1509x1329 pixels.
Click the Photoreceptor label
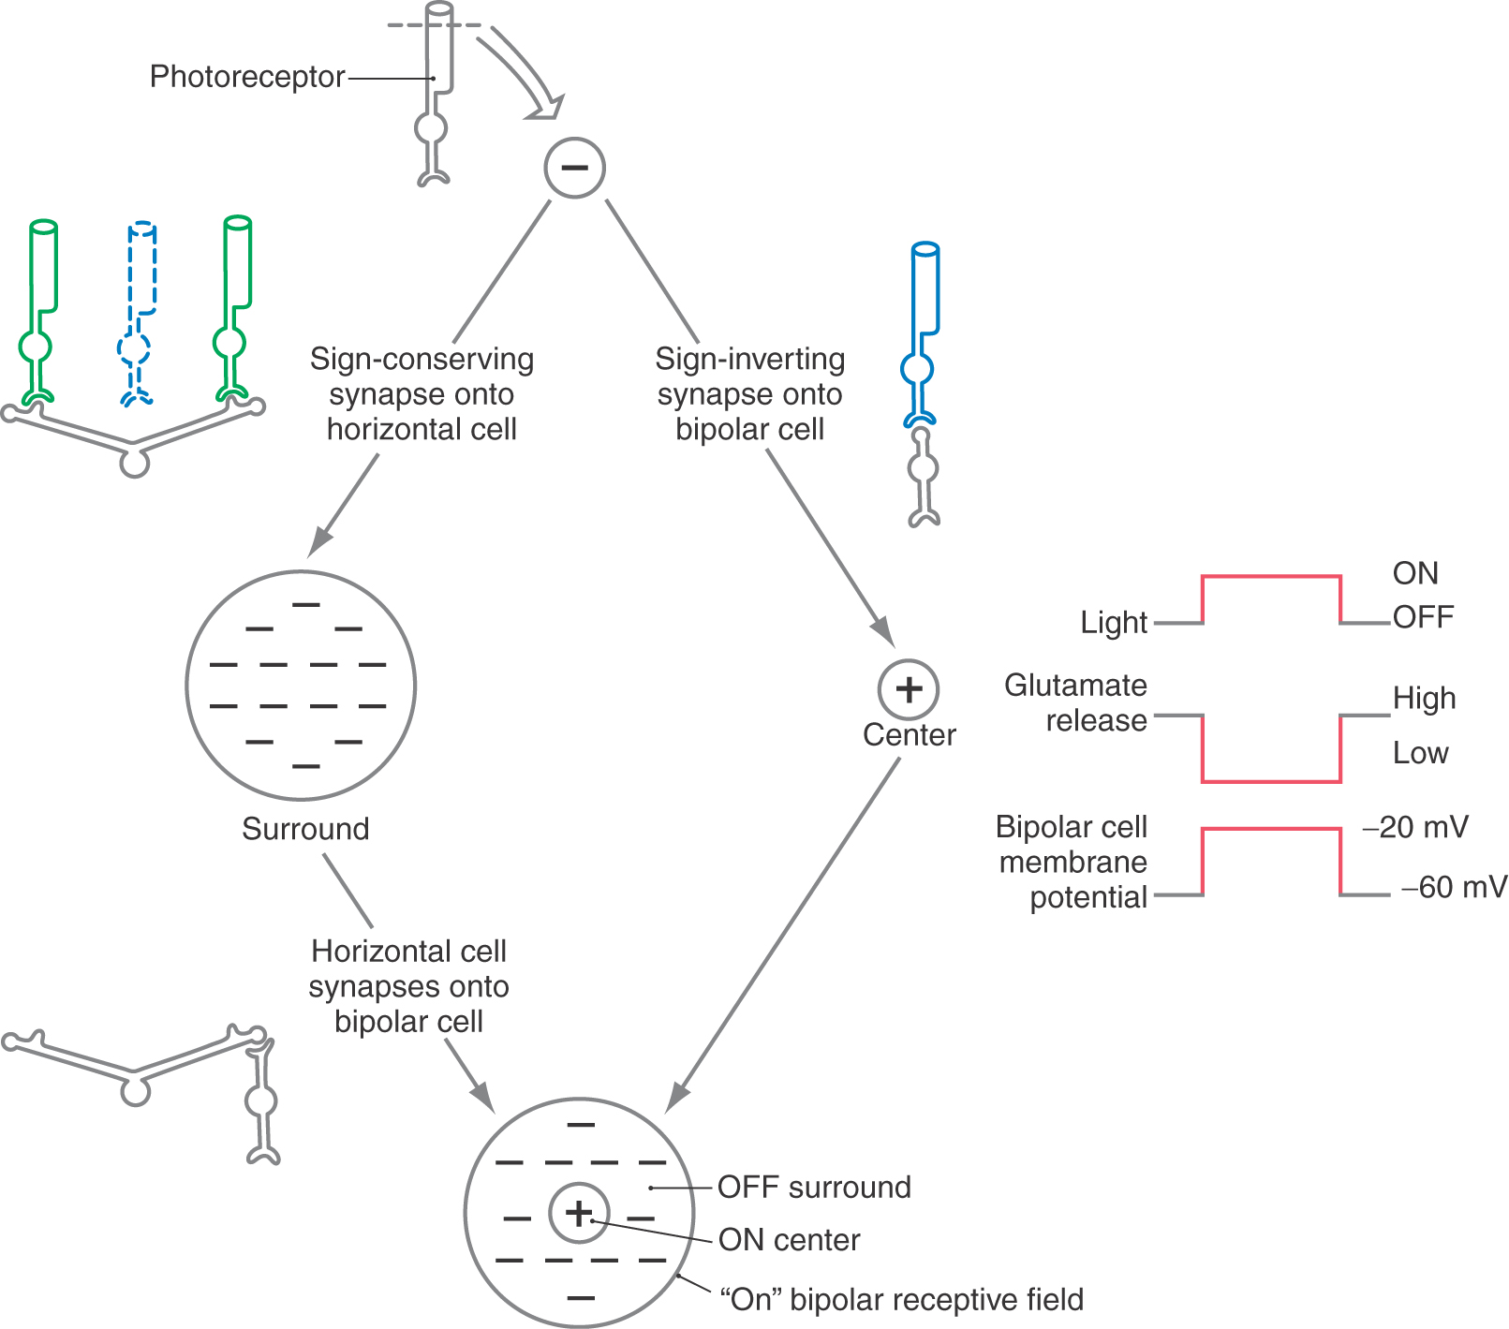(x=247, y=77)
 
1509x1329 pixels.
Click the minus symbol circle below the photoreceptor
(x=574, y=168)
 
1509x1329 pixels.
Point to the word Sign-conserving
(x=422, y=359)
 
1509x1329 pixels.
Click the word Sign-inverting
(x=749, y=359)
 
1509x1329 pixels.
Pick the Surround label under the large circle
(x=305, y=829)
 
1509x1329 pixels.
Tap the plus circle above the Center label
(x=908, y=689)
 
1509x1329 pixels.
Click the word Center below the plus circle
(x=909, y=735)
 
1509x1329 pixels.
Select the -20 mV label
(x=1415, y=827)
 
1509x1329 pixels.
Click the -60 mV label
(x=1454, y=887)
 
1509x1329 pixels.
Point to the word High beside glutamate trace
(x=1424, y=699)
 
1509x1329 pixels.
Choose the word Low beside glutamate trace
(x=1420, y=753)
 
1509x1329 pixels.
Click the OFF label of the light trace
(x=1423, y=618)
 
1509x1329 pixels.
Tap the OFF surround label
(x=814, y=1188)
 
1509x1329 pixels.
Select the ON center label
(x=789, y=1240)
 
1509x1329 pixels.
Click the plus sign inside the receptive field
(x=579, y=1213)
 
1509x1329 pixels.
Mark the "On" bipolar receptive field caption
(x=901, y=1300)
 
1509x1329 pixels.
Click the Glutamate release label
(x=1075, y=702)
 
